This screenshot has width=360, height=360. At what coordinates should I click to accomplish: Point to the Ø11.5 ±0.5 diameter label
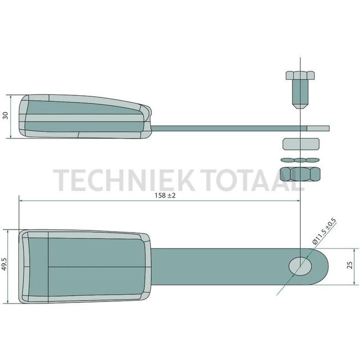pyautogui.click(x=323, y=232)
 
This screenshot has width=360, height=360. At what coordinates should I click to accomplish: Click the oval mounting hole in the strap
pyautogui.click(x=300, y=265)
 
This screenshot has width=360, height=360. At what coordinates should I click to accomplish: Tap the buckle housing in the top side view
pyautogui.click(x=83, y=116)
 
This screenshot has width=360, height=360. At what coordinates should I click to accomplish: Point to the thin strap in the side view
pyautogui.click(x=222, y=128)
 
